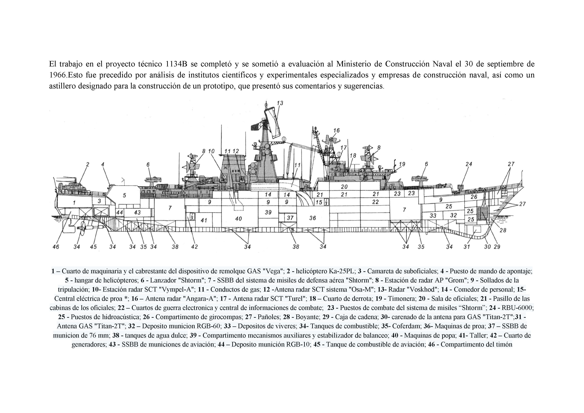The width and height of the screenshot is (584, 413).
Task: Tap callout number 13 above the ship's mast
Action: click(x=280, y=103)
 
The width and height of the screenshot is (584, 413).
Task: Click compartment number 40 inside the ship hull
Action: click(x=238, y=219)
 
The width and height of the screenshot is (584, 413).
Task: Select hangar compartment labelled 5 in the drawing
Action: click(x=124, y=196)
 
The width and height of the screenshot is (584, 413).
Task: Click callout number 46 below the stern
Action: click(x=56, y=247)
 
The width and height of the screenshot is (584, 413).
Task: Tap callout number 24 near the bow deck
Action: click(x=469, y=164)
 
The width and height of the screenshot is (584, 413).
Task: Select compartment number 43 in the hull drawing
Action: click(x=137, y=212)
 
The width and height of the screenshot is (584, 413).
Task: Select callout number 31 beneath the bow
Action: click(x=466, y=247)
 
